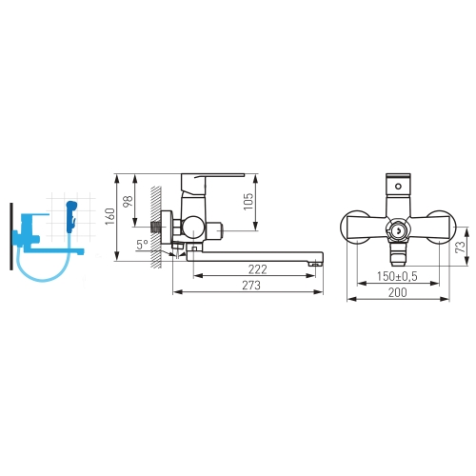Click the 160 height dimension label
[109, 216]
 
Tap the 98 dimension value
[128, 201]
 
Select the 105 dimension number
[248, 201]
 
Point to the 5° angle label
[142, 245]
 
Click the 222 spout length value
[257, 269]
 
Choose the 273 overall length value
[251, 286]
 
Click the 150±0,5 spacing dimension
[397, 276]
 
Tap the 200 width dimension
[397, 292]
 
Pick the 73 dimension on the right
[460, 247]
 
